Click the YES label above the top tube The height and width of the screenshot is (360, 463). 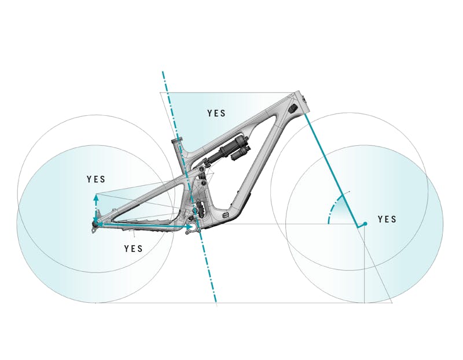coord(216,113)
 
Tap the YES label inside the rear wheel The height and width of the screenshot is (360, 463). coord(96,179)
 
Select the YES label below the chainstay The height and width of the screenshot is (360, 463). coord(134,248)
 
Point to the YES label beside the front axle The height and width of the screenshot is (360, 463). coord(387,219)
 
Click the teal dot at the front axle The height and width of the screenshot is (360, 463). coord(365,223)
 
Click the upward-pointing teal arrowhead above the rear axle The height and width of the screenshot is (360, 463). coord(96,197)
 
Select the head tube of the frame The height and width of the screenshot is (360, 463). coord(300,104)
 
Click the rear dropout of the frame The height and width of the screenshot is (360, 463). coord(95,226)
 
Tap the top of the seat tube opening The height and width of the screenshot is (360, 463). coord(177,141)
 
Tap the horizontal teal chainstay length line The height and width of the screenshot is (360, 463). coord(145,225)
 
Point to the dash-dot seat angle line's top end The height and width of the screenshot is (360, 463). coord(163,73)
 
